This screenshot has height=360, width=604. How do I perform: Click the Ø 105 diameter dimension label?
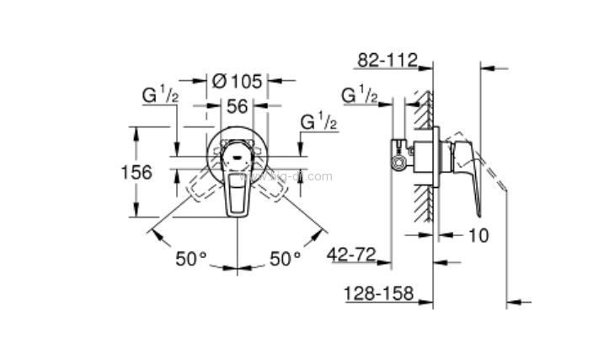pos(238,81)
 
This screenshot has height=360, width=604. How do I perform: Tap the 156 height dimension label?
pos(136,172)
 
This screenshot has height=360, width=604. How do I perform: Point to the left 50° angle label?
pos(190,258)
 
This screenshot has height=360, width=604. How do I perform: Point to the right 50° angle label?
pos(285,258)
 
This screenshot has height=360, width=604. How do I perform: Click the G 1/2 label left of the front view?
pos(160,96)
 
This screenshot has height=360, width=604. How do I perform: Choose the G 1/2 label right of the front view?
pos(319,122)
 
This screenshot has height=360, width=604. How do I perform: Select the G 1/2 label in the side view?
pos(359,95)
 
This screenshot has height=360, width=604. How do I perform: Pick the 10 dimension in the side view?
pos(478,235)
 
